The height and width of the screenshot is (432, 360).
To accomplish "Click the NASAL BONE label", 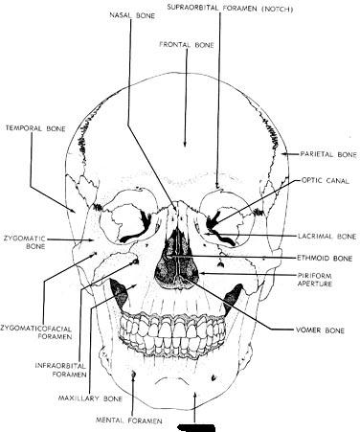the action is tap(132, 15).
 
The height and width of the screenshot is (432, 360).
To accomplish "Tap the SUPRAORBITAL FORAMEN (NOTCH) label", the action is tap(230, 9).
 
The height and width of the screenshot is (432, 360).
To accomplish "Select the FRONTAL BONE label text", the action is tap(187, 45).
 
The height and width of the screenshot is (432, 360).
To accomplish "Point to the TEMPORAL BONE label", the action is tap(35, 128).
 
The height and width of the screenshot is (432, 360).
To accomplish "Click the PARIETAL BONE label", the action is tap(328, 154).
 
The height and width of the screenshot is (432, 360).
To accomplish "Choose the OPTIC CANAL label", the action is tap(326, 181).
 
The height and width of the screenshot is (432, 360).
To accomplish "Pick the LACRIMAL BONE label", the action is tap(327, 237).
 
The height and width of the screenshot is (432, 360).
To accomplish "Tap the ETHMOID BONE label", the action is tap(325, 258).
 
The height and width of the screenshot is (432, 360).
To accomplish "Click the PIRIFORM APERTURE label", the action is tap(315, 280).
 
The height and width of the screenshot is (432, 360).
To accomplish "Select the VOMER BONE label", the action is tap(320, 330).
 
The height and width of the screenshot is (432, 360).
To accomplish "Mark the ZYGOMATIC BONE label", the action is tap(25, 242).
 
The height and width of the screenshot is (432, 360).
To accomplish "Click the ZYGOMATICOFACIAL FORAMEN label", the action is tap(36, 332).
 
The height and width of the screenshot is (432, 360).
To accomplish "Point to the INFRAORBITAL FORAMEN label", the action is tap(60, 370).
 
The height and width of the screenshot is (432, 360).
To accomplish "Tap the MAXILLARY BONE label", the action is tap(90, 398).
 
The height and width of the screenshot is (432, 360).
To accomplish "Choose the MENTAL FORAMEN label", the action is tap(129, 421).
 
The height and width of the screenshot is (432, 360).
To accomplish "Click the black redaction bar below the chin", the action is tap(196, 427).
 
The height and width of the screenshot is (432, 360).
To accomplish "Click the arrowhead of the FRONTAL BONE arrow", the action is tap(185, 145).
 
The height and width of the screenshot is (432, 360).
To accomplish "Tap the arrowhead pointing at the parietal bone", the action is tap(284, 154).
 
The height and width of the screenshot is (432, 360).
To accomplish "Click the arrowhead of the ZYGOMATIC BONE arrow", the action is tap(92, 240).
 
